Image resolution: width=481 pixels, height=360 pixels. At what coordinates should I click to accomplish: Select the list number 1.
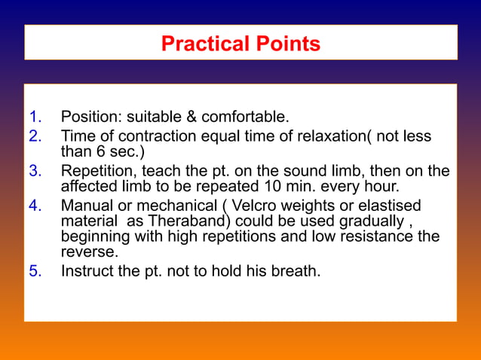pyautogui.click(x=35, y=117)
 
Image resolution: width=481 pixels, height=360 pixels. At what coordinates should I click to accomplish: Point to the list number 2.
pyautogui.click(x=35, y=136)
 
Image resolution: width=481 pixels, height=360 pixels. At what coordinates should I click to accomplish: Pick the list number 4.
pyautogui.click(x=35, y=205)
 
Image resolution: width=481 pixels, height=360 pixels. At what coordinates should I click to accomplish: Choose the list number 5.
pyautogui.click(x=35, y=270)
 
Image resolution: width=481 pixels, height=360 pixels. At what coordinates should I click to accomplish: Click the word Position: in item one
pyautogui.click(x=91, y=117)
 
